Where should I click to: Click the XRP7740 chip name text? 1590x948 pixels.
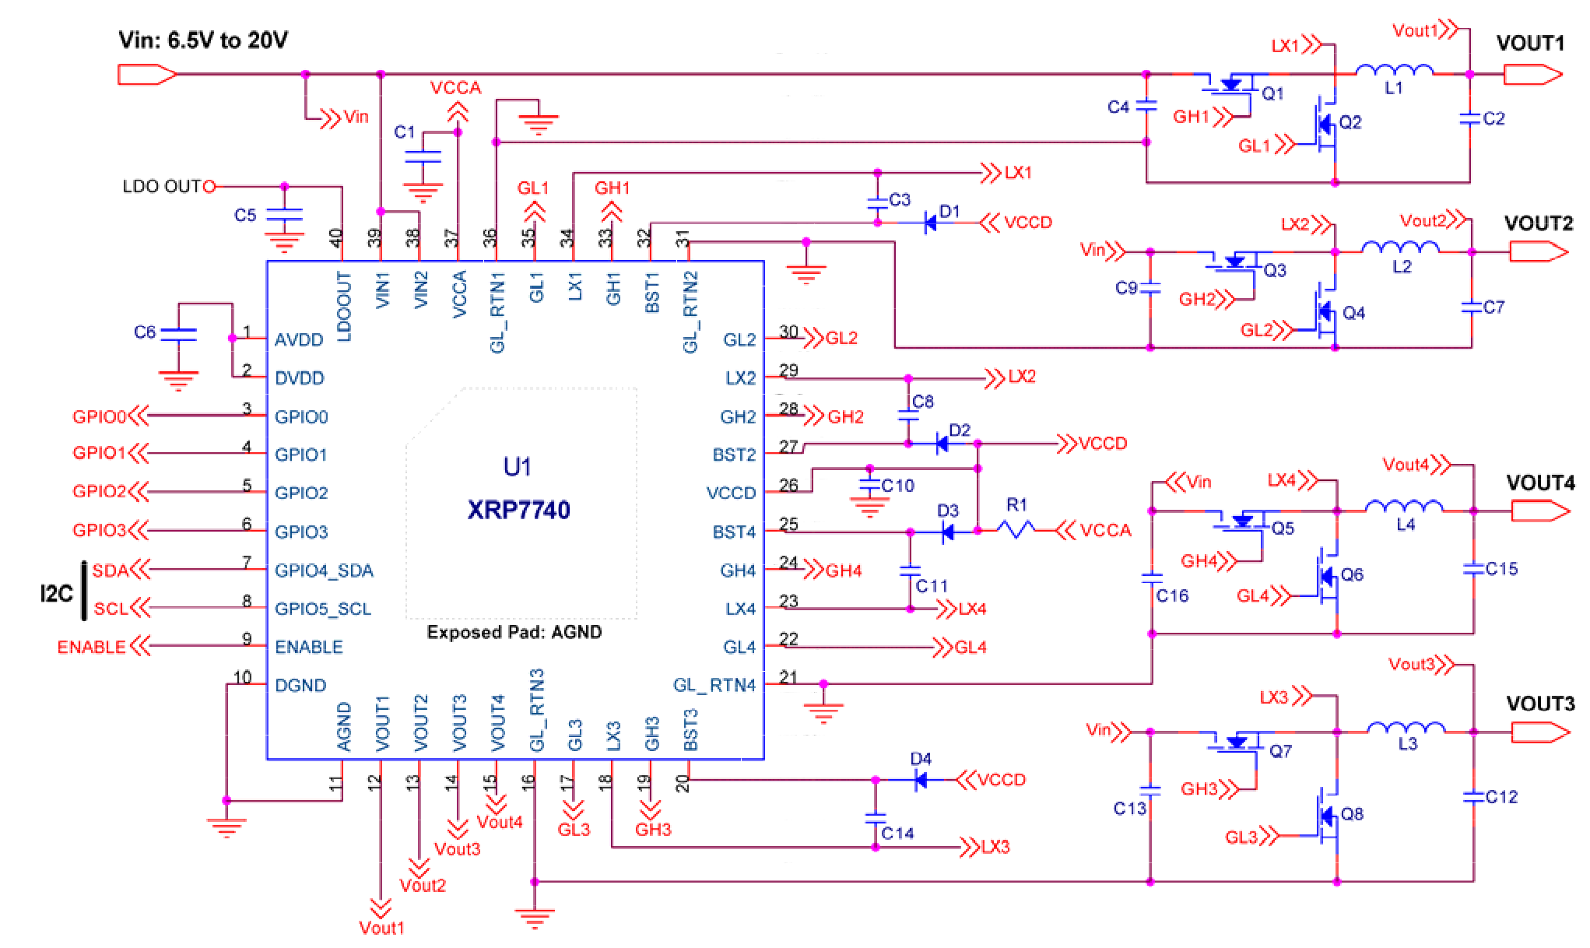pyautogui.click(x=518, y=510)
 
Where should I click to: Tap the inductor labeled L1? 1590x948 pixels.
pyautogui.click(x=1394, y=72)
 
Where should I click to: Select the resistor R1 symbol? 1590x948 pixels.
pyautogui.click(x=1016, y=530)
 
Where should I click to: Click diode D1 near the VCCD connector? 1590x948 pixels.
pyautogui.click(x=930, y=223)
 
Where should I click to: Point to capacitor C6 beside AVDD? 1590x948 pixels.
pyautogui.click(x=178, y=334)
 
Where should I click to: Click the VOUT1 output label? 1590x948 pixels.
pyautogui.click(x=1529, y=43)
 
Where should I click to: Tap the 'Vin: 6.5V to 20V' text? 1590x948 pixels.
pyautogui.click(x=203, y=40)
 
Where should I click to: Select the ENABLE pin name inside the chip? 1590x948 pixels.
pyautogui.click(x=308, y=647)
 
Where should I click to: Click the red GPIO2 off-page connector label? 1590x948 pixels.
pyautogui.click(x=99, y=491)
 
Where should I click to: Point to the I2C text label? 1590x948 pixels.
pyautogui.click(x=56, y=594)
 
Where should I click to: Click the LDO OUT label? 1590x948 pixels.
pyautogui.click(x=162, y=187)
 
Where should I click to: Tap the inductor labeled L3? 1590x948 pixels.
pyautogui.click(x=1406, y=729)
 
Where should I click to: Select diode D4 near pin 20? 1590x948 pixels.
pyautogui.click(x=921, y=779)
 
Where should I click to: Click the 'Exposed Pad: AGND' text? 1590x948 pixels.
pyautogui.click(x=514, y=632)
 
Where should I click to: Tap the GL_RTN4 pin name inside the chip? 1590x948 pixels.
pyautogui.click(x=714, y=685)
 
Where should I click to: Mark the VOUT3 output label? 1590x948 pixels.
pyautogui.click(x=1539, y=704)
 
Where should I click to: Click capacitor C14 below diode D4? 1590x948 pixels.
pyautogui.click(x=876, y=818)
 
